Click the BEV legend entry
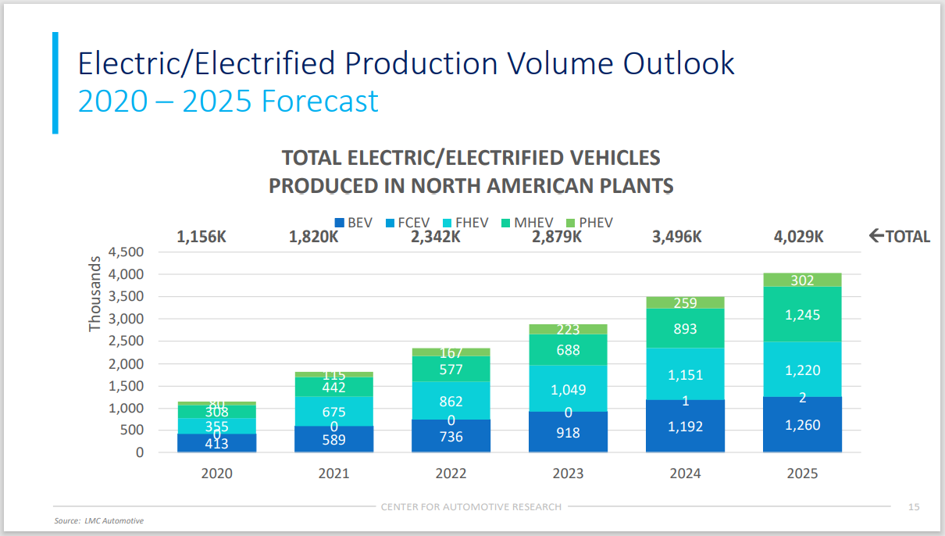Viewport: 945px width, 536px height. (353, 223)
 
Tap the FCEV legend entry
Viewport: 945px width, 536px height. (407, 223)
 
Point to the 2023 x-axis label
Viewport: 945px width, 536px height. (568, 473)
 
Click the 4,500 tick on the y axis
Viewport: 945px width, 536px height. (126, 252)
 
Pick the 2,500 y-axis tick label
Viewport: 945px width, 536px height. (126, 341)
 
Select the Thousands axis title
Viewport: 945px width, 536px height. (95, 293)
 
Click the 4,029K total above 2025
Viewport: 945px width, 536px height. (797, 236)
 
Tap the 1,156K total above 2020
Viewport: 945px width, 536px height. (201, 236)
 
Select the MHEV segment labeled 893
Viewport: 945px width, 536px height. (685, 329)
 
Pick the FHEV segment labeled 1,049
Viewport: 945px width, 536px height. (568, 389)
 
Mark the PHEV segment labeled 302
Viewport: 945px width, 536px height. (802, 281)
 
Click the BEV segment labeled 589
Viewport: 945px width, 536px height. (333, 439)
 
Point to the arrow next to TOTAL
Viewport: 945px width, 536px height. (876, 236)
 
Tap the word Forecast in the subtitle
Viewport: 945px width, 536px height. (320, 102)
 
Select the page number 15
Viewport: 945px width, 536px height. (913, 507)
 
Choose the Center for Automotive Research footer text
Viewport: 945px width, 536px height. (471, 507)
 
